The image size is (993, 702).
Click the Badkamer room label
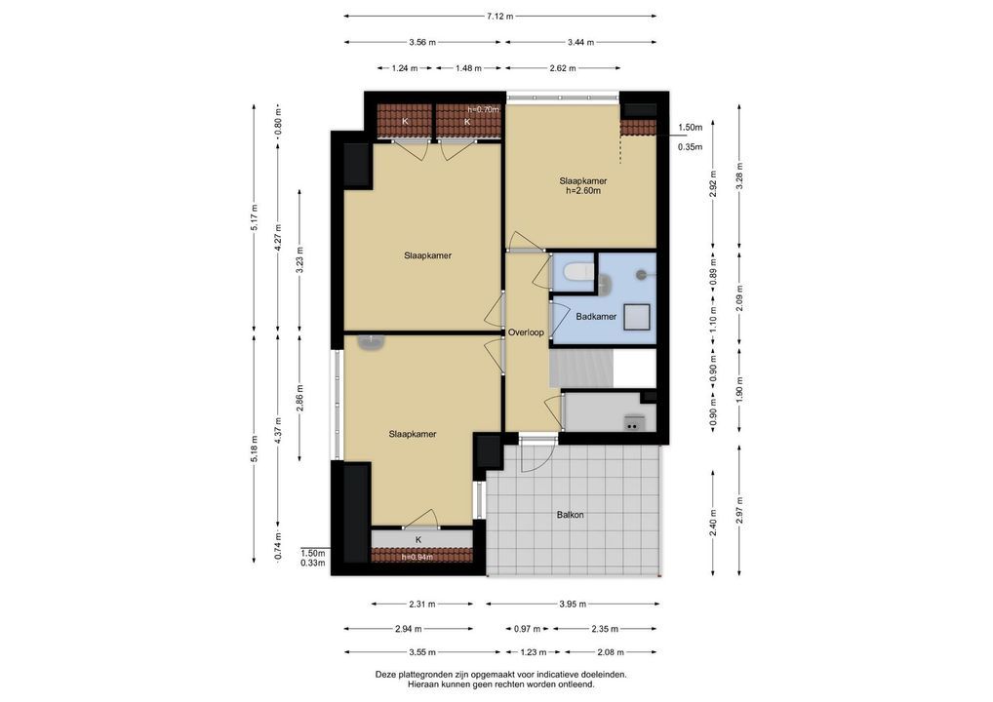tap(596, 317)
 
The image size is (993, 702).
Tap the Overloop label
tap(526, 332)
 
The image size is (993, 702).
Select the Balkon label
tap(570, 515)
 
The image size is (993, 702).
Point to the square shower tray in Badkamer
tap(636, 317)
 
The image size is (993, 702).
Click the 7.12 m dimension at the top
tap(499, 17)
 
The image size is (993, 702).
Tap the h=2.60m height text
tap(582, 190)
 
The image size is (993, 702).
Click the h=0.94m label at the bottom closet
tap(417, 557)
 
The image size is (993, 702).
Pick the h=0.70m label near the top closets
tap(483, 109)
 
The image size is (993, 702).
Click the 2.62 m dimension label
tap(563, 68)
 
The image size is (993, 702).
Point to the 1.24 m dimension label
tap(405, 68)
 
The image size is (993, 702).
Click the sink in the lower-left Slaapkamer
tap(371, 342)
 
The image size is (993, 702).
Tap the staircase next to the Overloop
tap(581, 368)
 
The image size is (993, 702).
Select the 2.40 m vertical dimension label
tap(714, 523)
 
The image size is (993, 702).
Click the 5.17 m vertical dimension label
tap(254, 217)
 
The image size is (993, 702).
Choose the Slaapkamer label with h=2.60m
tap(582, 181)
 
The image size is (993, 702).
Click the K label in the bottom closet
tap(418, 540)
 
